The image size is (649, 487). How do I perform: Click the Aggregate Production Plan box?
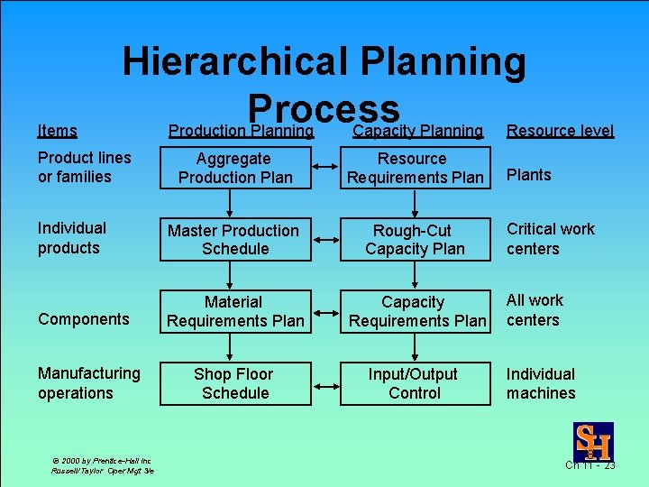coord(235,168)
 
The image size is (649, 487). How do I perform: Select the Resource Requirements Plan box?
coord(415,168)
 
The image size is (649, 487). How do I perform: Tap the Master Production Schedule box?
coord(235,240)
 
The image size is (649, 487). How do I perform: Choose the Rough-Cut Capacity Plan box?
coord(415,240)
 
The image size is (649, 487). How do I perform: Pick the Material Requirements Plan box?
coord(235,311)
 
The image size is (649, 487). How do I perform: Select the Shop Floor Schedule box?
coord(235,383)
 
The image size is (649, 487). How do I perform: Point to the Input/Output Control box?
coord(415,383)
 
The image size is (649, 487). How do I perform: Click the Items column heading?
coord(57,131)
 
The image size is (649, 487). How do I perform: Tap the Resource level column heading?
coord(560,131)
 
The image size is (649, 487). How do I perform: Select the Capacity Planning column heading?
coord(417,131)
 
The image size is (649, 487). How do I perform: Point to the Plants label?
coord(528,175)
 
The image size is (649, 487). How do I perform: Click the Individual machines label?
coord(541,383)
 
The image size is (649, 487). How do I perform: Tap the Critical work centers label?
coord(550,239)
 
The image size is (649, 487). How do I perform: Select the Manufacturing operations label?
coord(88,383)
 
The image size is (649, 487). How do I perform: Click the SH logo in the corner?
coord(593,441)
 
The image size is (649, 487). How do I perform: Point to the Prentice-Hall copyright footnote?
coord(102,465)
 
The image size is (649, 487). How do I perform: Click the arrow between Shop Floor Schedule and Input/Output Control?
coord(324,383)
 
